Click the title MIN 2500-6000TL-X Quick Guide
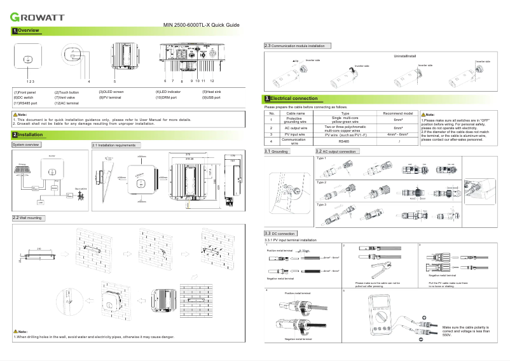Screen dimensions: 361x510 201,25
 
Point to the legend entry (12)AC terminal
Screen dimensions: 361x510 66,103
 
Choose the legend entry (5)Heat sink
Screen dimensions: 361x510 211,92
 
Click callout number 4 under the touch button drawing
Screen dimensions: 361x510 88,82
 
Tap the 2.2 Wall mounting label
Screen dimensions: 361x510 28,218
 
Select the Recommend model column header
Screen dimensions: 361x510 398,113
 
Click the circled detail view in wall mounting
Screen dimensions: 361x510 71,299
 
